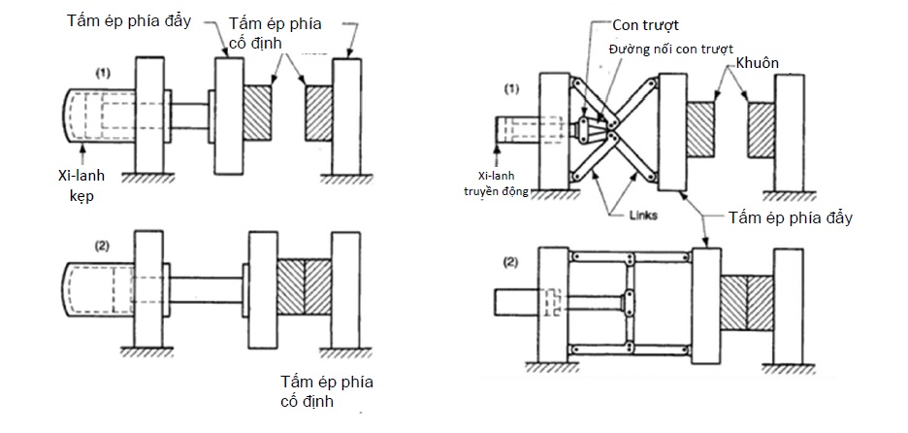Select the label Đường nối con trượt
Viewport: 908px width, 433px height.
click(x=668, y=48)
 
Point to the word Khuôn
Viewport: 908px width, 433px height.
click(x=759, y=62)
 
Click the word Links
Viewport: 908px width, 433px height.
click(x=642, y=216)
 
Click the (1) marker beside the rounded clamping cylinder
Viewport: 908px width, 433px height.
click(x=104, y=72)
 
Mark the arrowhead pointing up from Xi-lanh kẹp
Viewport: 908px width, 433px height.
click(x=84, y=146)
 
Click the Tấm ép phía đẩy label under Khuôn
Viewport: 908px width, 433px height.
click(x=792, y=217)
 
